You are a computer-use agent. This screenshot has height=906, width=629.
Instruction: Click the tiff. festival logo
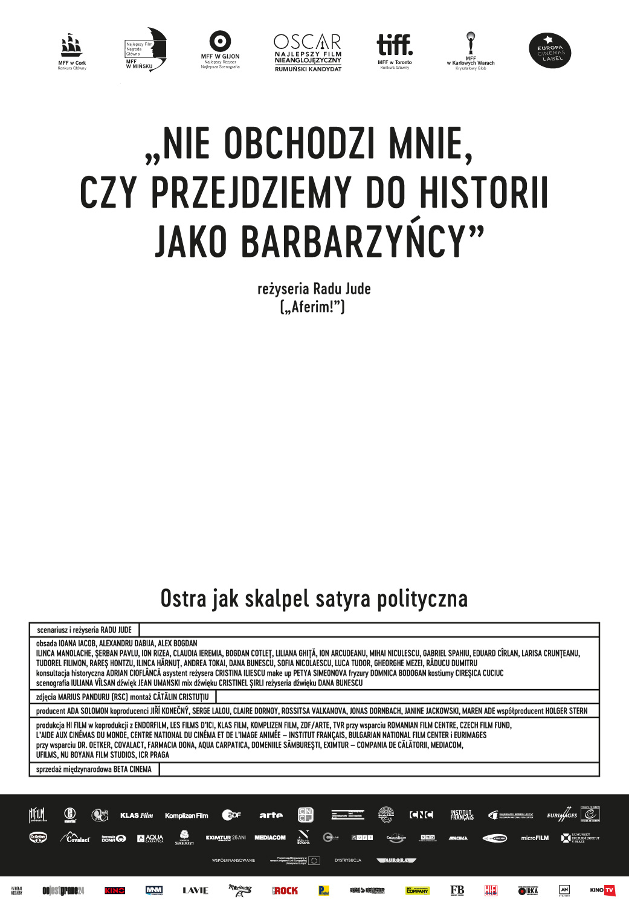coord(395,45)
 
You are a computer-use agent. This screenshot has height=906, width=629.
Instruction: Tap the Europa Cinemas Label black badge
coord(550,51)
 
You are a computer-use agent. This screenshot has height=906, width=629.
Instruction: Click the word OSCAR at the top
coord(308,42)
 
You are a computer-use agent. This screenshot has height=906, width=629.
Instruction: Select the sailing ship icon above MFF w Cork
coord(71,45)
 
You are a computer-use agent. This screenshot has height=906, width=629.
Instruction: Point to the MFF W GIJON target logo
coord(221,41)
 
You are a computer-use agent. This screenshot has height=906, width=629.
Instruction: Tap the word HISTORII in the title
coord(484,193)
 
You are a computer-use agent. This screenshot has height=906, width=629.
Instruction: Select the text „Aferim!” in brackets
coord(312,307)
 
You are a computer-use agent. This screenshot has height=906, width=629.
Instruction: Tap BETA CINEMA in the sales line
coord(132,769)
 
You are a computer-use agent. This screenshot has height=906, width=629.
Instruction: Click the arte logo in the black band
coord(271,815)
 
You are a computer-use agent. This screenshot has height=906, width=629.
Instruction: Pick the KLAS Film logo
coord(137,815)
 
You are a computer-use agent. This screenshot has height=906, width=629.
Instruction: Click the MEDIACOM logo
coord(269,838)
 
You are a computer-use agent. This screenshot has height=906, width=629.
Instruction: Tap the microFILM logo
coord(535,838)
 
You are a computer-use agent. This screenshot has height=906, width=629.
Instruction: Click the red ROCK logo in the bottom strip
coord(285,890)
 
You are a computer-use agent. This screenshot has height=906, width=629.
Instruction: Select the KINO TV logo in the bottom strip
coord(602,890)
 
